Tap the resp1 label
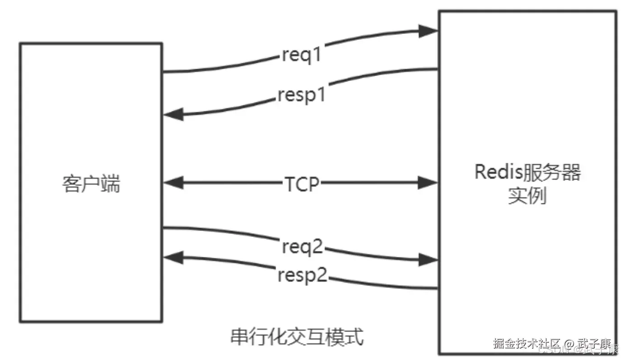(x=301, y=95)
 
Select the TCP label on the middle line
(x=301, y=184)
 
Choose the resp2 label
(x=302, y=275)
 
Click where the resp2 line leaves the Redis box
(x=437, y=288)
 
